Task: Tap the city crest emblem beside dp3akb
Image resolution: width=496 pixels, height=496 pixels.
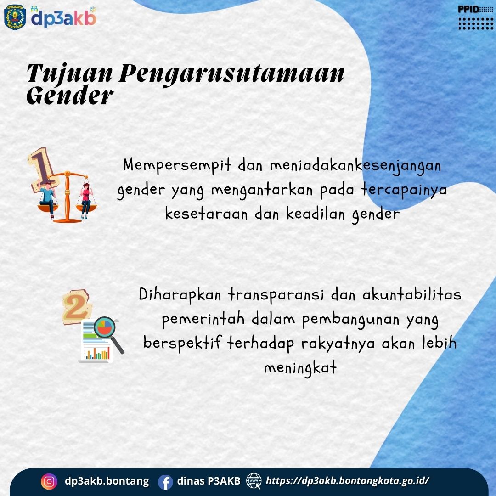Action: tap(15, 17)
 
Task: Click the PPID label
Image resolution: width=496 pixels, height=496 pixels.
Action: tap(468, 10)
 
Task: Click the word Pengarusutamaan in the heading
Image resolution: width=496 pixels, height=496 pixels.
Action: tap(231, 75)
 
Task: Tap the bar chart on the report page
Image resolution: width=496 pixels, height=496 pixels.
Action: tap(98, 353)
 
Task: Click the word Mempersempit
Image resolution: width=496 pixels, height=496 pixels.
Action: tap(177, 165)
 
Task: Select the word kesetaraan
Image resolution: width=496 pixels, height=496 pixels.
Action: tap(206, 214)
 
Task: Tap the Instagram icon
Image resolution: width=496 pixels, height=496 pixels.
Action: tap(49, 481)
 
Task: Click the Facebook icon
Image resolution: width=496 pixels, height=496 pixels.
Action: tap(165, 482)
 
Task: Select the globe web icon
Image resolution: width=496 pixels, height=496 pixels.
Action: tap(254, 481)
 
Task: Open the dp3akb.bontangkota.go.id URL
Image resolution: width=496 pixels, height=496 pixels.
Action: tap(347, 481)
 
